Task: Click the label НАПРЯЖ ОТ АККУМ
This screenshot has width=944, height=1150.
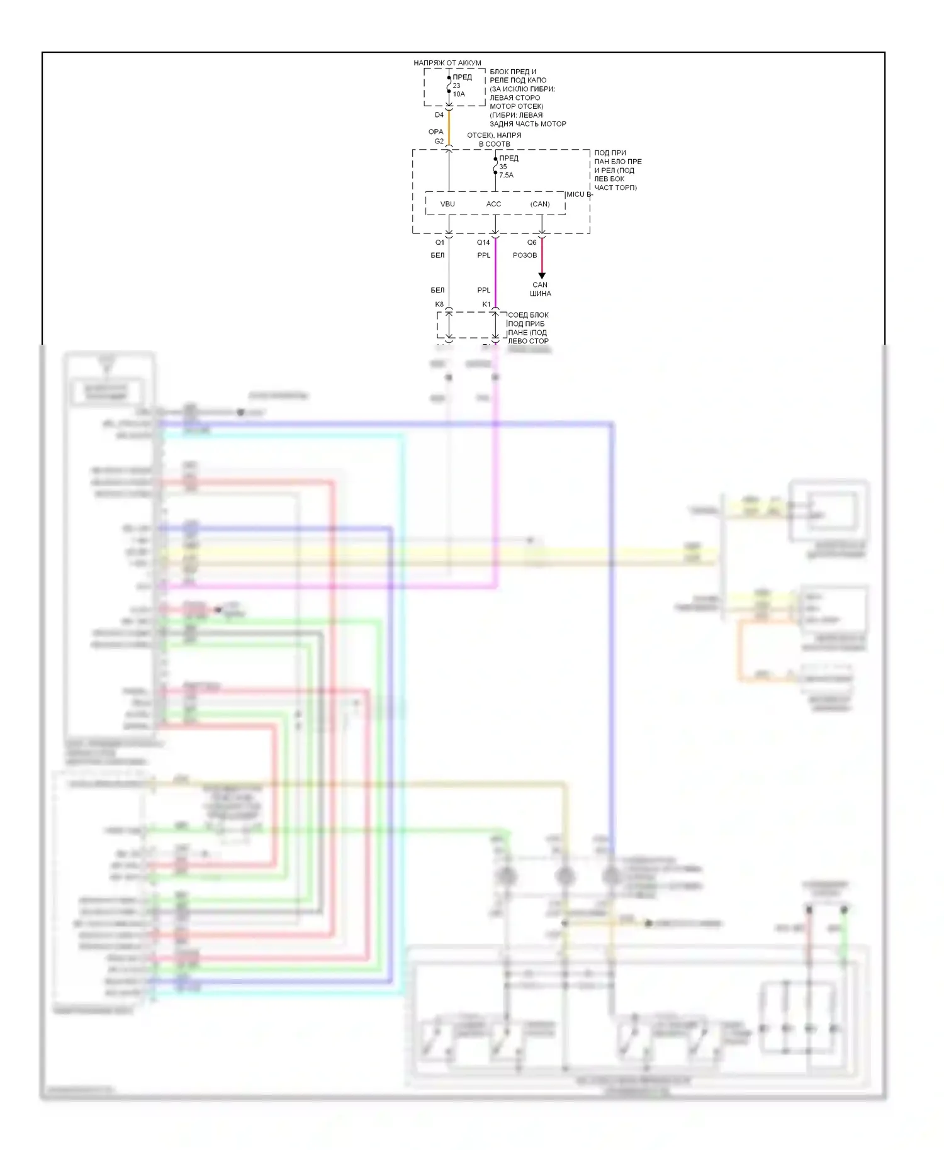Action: click(x=447, y=63)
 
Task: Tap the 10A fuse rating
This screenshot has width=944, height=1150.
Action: click(x=459, y=94)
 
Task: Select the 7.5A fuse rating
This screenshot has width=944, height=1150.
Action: click(x=506, y=176)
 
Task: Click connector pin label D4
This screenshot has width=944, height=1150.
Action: click(x=439, y=115)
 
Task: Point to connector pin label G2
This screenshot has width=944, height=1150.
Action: click(x=439, y=142)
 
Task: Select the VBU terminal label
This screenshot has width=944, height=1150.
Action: click(x=447, y=204)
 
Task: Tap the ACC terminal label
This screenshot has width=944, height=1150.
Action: click(x=493, y=204)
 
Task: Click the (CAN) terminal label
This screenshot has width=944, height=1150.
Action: click(x=539, y=204)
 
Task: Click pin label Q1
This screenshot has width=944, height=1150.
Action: click(x=439, y=242)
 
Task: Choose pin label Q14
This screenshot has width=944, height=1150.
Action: click(x=483, y=242)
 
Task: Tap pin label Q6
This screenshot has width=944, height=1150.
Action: click(x=532, y=242)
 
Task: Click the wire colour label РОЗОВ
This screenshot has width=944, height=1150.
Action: click(x=524, y=255)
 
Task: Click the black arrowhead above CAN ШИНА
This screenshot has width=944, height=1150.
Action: click(x=541, y=276)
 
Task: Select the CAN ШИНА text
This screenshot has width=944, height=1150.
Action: click(x=540, y=289)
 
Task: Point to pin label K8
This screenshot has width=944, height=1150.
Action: click(x=439, y=304)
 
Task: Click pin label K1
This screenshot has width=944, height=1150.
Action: click(x=486, y=304)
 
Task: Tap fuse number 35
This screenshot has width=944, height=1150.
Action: click(x=503, y=167)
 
